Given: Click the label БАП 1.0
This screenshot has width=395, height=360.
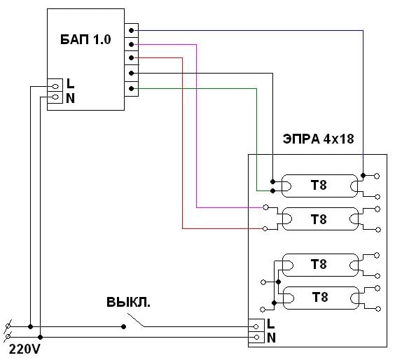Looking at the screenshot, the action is click(x=85, y=39).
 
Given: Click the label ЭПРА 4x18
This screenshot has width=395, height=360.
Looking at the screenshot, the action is click(x=319, y=139).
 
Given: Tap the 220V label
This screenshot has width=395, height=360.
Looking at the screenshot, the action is click(x=25, y=349).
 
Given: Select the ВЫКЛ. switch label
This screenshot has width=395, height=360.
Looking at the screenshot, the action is click(x=128, y=302).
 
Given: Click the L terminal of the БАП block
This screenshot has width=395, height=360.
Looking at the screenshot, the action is click(x=55, y=87).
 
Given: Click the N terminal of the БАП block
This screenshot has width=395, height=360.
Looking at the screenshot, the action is click(x=55, y=97).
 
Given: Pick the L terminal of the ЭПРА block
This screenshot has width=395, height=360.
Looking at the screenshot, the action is click(x=256, y=327).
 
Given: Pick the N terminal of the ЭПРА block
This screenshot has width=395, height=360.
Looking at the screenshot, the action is click(x=256, y=337).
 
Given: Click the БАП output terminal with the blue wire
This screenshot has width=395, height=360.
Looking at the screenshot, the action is click(x=131, y=31).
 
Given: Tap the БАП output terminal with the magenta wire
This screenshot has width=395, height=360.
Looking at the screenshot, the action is click(x=131, y=45).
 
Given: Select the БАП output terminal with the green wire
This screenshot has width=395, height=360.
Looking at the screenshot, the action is click(x=131, y=89).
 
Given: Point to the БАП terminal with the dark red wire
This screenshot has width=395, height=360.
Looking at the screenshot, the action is click(x=131, y=57).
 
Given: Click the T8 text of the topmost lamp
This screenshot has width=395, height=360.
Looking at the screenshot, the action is click(x=319, y=185).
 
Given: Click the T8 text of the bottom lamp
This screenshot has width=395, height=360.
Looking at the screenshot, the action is click(x=320, y=297).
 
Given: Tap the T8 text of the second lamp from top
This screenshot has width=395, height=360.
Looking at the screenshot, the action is click(x=319, y=219).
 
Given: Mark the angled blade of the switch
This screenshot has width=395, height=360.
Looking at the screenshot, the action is click(x=136, y=320).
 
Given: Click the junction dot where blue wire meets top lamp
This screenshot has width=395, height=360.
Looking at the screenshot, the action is click(x=363, y=175).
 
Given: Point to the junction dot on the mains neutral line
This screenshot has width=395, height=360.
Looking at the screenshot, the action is click(x=41, y=337).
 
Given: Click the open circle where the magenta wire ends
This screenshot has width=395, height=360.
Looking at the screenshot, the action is click(x=265, y=207).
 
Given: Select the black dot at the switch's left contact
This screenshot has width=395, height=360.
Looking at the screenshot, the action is click(x=123, y=327).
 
